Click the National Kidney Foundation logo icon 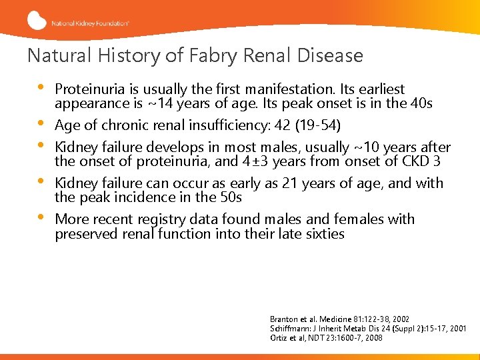(x=37, y=21)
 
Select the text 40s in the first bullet (x=421, y=103)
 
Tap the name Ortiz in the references (x=279, y=338)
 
